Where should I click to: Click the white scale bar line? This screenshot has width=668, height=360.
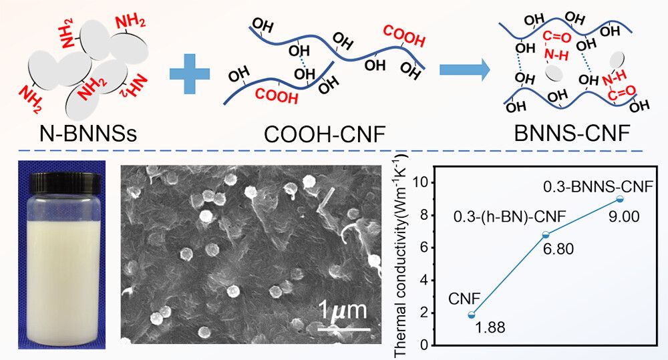coord(343,328)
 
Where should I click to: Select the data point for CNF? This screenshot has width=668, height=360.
coord(472,315)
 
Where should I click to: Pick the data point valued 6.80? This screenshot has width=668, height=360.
coord(546,234)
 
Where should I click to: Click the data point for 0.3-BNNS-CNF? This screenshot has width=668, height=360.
coord(619,199)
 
